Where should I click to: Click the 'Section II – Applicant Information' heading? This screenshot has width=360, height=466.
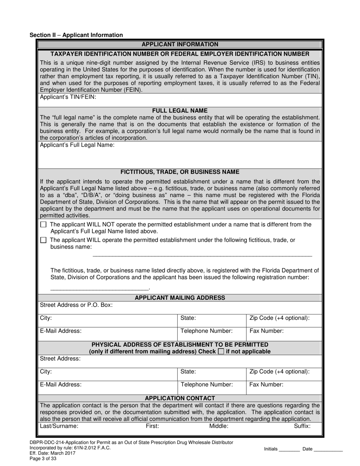(76, 35)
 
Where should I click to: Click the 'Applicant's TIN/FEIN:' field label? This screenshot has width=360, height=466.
(68, 97)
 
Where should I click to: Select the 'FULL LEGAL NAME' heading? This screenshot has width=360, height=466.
(180, 111)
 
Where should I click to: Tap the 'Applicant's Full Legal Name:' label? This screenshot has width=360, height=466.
(77, 145)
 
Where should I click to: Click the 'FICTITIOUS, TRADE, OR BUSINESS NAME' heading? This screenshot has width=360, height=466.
(180, 172)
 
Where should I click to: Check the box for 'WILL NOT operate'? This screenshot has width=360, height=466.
(43, 225)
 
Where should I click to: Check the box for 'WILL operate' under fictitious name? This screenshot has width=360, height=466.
(43, 240)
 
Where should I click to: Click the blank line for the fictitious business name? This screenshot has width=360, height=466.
(202, 255)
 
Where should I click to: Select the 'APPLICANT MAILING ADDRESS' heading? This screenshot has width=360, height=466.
(180, 298)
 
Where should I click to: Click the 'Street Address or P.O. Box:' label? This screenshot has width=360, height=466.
(76, 305)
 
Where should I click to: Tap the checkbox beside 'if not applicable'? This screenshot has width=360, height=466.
(221, 352)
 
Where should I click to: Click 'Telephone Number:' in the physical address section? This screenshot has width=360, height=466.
(207, 385)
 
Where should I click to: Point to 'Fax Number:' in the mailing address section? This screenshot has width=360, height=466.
(266, 331)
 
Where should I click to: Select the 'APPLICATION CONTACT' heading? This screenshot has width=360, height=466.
(180, 398)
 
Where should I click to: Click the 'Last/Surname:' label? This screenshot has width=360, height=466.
(59, 426)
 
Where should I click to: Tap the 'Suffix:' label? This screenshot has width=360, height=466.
(302, 426)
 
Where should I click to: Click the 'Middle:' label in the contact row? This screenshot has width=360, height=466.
(219, 426)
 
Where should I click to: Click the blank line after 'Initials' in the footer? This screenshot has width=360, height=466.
(289, 450)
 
